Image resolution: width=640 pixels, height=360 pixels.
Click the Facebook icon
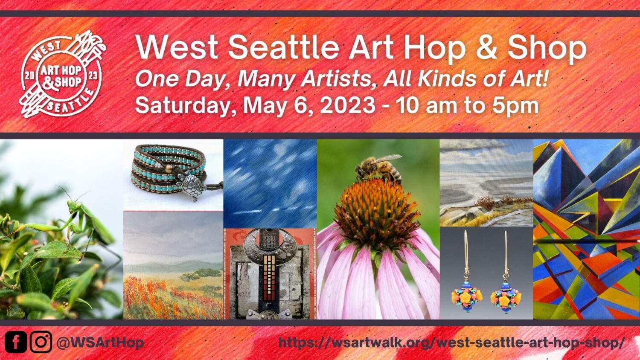coord(16,342)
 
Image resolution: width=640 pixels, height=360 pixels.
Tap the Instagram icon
coord(41,342)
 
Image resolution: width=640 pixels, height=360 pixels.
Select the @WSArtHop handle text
coord(100,343)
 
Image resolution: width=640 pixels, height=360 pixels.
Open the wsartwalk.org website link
coord(452,343)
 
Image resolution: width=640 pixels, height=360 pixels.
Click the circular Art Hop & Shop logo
coord(62,75)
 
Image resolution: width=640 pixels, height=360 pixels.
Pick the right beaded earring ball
coord(506,299)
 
